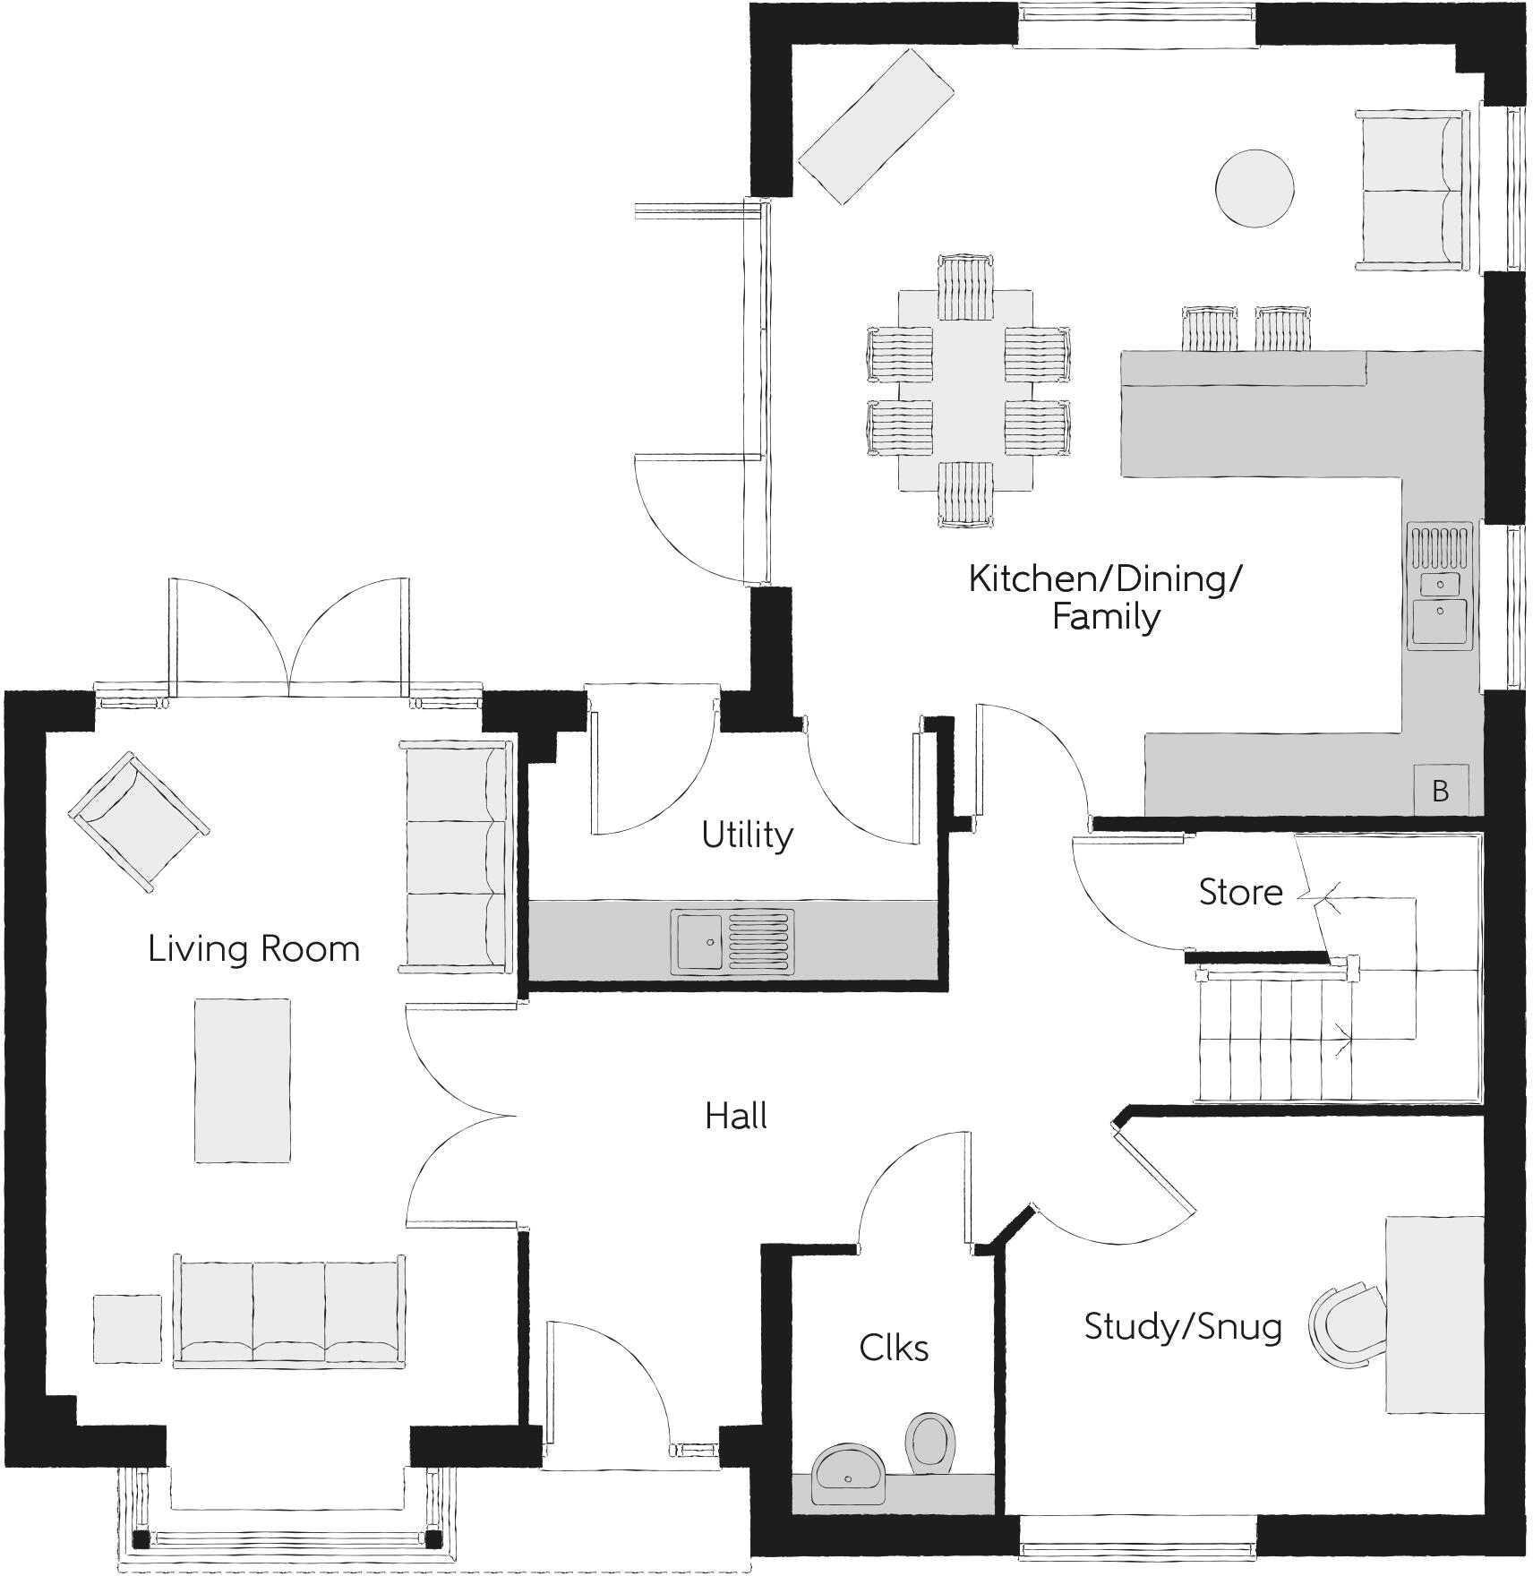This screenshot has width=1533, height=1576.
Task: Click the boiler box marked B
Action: (x=1440, y=790)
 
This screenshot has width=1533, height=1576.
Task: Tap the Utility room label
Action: (x=747, y=835)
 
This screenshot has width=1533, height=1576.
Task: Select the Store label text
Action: (x=1240, y=892)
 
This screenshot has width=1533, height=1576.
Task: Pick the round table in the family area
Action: (x=1254, y=188)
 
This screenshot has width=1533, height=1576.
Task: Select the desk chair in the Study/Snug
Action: (x=1342, y=1325)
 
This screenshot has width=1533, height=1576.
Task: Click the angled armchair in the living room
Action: (x=139, y=821)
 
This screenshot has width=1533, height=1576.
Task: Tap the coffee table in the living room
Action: (x=243, y=1081)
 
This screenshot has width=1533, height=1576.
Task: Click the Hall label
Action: (x=736, y=1117)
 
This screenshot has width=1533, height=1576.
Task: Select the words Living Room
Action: (x=253, y=949)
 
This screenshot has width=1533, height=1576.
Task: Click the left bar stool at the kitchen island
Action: (x=1209, y=329)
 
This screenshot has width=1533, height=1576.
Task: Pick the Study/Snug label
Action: (x=1182, y=1326)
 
